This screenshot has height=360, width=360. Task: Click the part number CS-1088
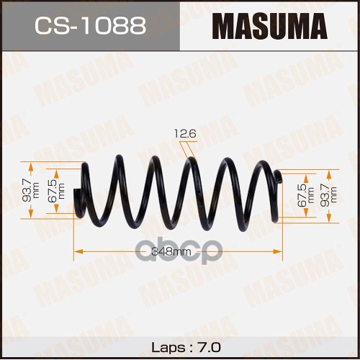[x=91, y=25]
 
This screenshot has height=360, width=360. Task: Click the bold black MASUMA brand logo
[x=269, y=27]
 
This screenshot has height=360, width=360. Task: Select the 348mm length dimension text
[x=171, y=252]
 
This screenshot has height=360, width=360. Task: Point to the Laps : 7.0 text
[x=186, y=347]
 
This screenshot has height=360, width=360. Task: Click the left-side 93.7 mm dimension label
[x=31, y=191]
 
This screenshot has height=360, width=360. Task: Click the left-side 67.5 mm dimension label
[x=58, y=191]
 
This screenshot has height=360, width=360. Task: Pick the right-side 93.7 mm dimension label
[x=329, y=196]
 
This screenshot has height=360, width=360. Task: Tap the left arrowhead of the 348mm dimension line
[x=78, y=251]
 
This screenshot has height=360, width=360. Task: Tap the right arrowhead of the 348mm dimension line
[x=278, y=251]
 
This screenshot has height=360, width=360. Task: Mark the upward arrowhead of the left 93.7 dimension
[x=31, y=166]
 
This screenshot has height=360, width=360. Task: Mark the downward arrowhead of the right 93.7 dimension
[x=329, y=219]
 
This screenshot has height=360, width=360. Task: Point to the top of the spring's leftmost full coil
[x=119, y=156]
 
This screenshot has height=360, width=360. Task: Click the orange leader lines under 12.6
[x=189, y=150]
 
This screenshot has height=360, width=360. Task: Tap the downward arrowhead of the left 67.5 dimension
[x=56, y=209]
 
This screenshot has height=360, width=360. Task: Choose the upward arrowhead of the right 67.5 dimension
[x=306, y=178]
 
